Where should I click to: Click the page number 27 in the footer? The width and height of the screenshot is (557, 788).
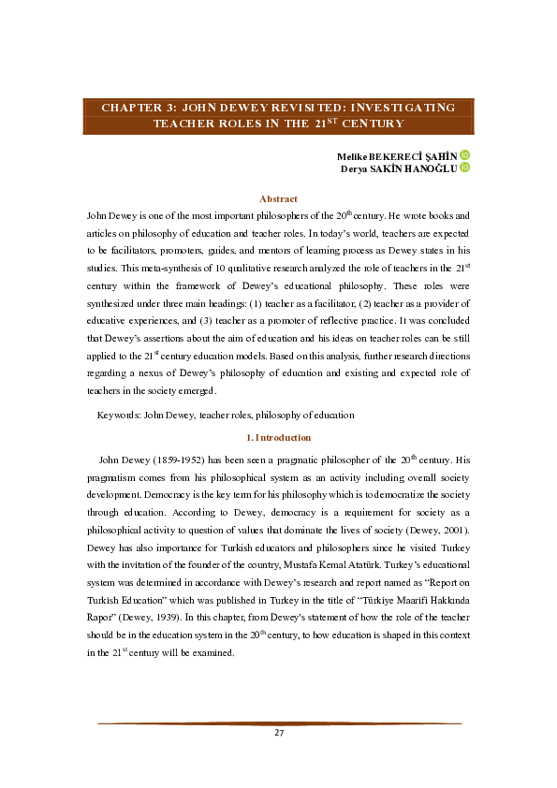click(279, 732)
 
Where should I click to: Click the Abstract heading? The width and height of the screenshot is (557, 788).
click(278, 198)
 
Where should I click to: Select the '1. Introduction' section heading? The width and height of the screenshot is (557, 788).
click(278, 438)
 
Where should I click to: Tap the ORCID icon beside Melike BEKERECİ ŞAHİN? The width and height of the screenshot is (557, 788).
click(464, 154)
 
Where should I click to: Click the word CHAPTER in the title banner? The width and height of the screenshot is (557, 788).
click(132, 108)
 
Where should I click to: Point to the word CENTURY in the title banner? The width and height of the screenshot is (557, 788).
click(373, 123)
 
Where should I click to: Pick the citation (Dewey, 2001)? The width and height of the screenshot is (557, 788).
click(443, 532)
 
